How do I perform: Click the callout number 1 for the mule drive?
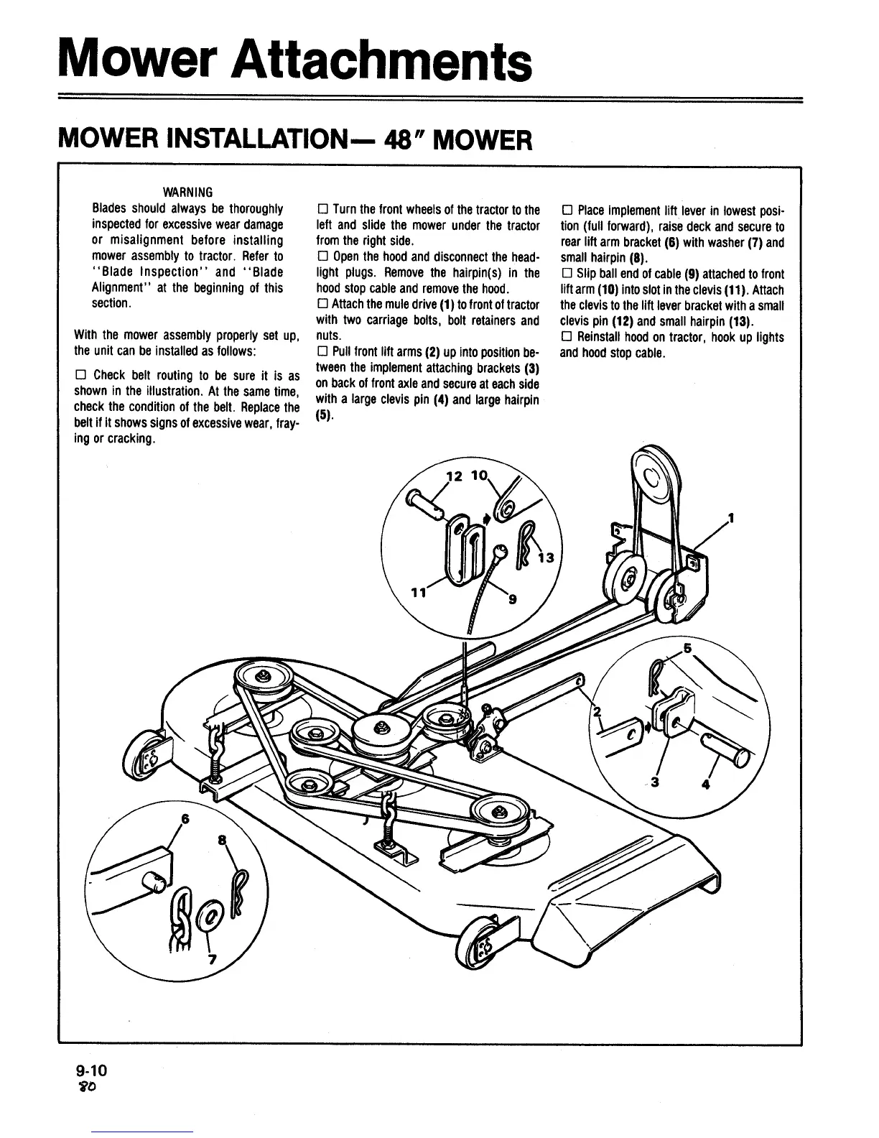tap(731, 517)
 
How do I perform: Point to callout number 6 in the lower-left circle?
tap(186, 819)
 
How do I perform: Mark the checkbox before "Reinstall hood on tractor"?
tap(566, 338)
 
